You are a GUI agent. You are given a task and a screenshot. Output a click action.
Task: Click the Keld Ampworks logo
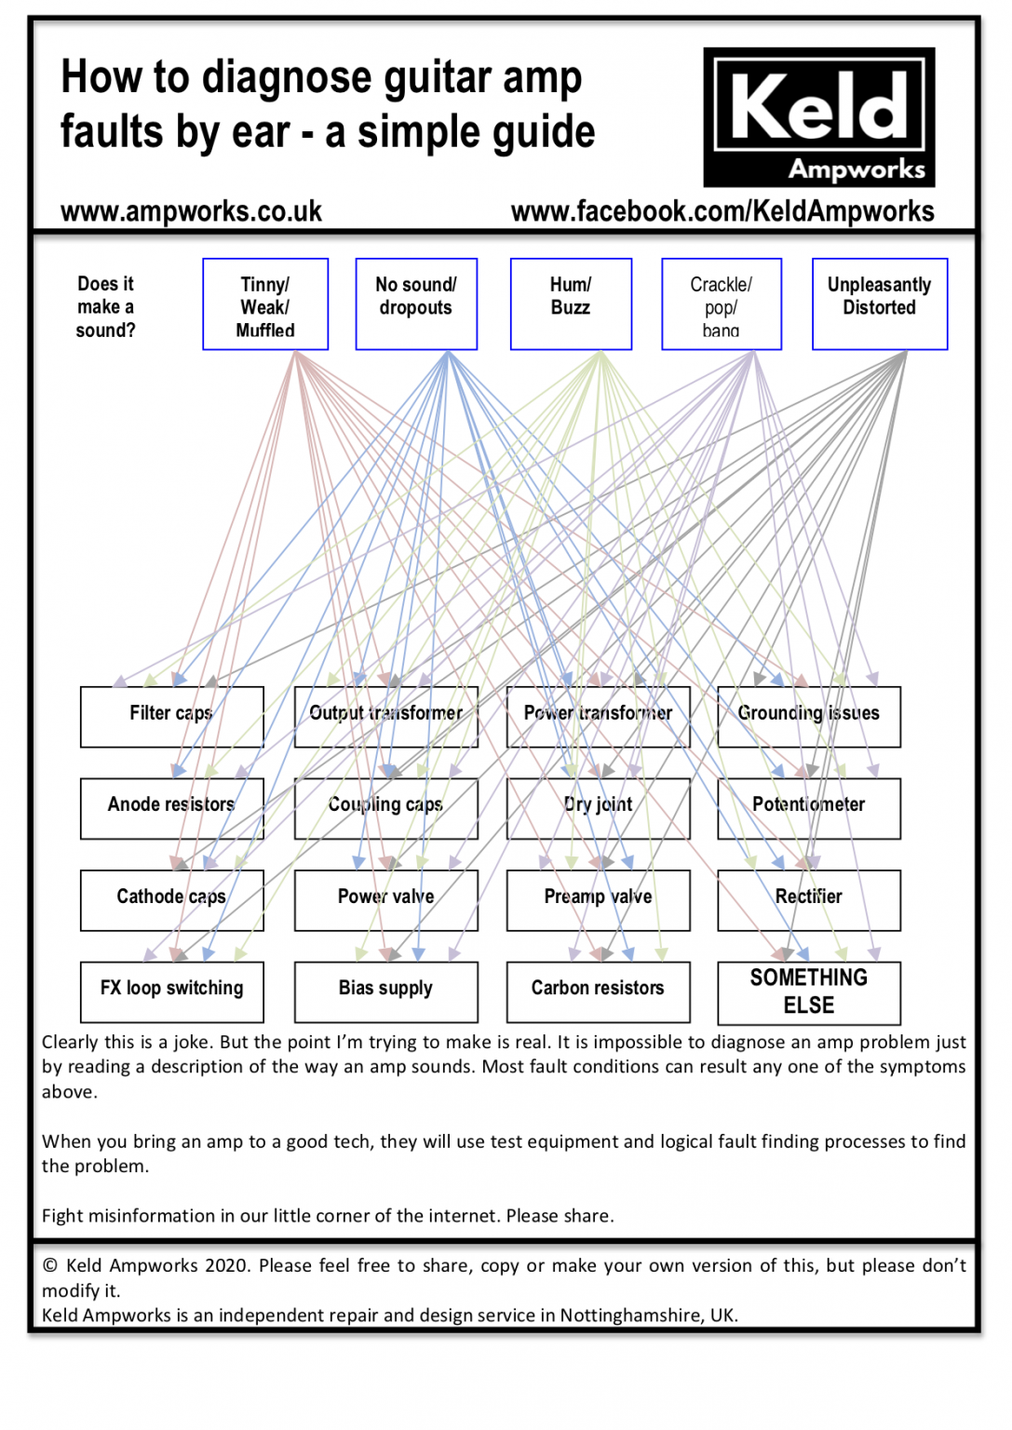tap(818, 117)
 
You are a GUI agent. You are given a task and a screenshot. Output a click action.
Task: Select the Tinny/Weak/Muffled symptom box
tap(265, 304)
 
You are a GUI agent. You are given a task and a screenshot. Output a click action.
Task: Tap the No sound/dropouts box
tap(416, 304)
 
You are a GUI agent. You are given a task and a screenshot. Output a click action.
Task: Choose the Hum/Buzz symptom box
tap(571, 304)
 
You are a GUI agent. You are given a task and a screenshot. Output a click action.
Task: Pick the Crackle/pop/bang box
tap(722, 304)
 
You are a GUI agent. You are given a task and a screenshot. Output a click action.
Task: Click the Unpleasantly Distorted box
tap(880, 304)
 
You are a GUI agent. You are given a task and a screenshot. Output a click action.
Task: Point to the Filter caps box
tap(171, 717)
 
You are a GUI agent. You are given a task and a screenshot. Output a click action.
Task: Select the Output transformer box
tap(385, 717)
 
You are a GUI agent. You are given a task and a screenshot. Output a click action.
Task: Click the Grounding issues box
tap(809, 717)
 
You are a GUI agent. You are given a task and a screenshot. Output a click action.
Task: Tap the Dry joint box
tap(598, 808)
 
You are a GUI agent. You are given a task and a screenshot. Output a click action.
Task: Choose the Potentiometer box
tap(809, 808)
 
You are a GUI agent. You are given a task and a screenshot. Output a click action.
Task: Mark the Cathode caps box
tap(171, 900)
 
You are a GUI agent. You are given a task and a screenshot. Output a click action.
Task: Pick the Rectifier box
tap(809, 900)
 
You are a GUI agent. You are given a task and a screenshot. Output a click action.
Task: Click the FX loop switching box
tap(171, 992)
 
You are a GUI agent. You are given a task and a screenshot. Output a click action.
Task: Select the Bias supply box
tap(385, 992)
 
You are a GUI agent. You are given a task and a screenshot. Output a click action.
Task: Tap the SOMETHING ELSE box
tap(809, 992)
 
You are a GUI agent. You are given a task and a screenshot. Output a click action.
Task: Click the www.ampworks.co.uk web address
tap(191, 212)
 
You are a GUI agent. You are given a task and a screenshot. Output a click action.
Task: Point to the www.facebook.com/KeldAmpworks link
tap(722, 212)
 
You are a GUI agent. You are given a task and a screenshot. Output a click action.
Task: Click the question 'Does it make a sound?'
tap(105, 307)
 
